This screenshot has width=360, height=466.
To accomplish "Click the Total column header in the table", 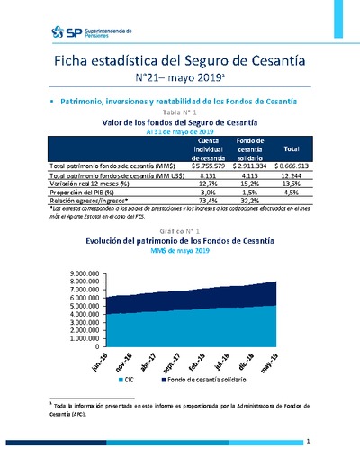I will point(292,148).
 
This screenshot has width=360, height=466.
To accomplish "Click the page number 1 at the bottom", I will point(308,443).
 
